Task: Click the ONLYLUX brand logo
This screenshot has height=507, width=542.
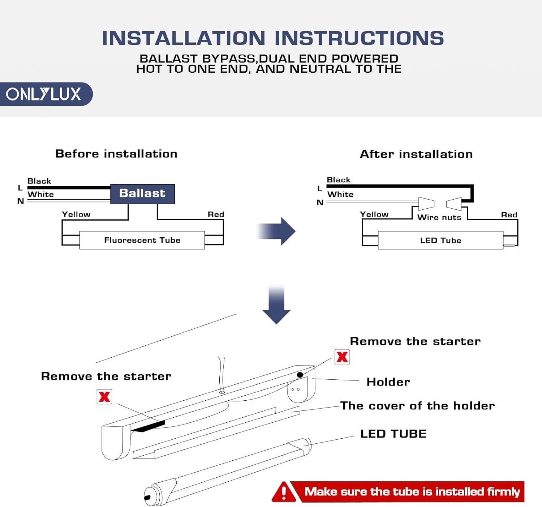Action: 44,94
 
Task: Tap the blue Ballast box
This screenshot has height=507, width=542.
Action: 142,194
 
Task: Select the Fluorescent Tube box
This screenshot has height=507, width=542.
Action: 142,240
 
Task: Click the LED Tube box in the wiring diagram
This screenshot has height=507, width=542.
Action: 440,240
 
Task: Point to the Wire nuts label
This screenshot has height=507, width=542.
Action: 439,217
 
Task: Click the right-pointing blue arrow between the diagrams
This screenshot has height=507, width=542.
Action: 277,231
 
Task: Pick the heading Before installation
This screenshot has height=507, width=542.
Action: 116,154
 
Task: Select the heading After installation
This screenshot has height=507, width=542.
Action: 416,154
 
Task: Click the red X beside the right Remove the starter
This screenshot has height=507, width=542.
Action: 342,357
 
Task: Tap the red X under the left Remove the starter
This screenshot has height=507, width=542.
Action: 104,397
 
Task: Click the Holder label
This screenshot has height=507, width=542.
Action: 388,382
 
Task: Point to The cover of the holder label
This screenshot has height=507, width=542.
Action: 417,406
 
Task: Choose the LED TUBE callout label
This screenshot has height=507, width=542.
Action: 393,434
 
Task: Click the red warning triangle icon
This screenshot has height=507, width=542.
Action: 284,492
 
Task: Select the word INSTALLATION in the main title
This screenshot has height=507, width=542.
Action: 184,38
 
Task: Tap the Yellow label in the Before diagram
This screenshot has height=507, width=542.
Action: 76,214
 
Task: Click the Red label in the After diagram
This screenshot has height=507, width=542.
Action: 509,215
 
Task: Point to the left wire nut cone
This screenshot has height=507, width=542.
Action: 426,203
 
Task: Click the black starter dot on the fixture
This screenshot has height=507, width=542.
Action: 300,375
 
